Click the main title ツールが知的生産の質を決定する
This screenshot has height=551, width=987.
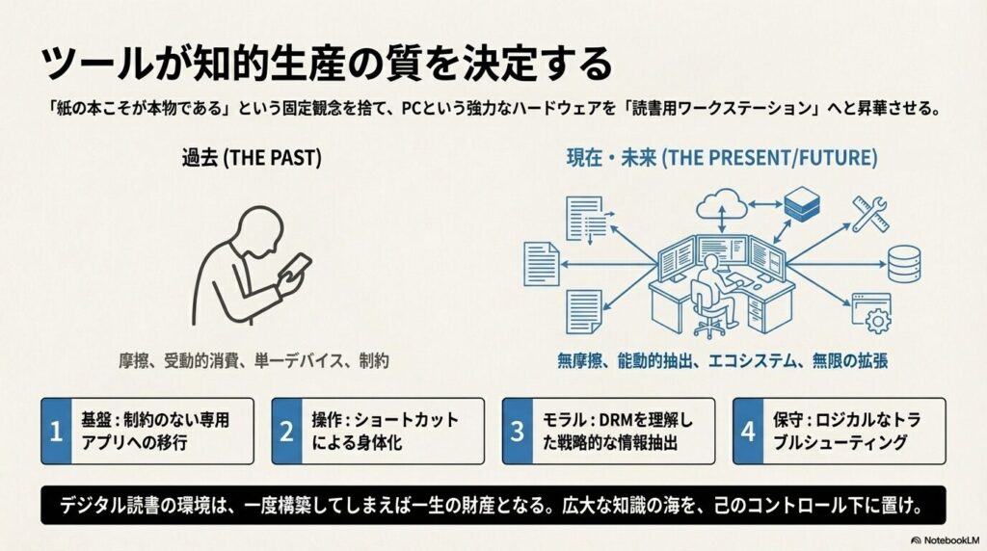pyautogui.click(x=327, y=64)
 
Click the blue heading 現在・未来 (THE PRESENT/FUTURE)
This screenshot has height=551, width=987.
pyautogui.click(x=721, y=158)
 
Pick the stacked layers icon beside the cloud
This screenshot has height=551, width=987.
pyautogui.click(x=799, y=203)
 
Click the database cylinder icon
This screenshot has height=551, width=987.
pyautogui.click(x=903, y=262)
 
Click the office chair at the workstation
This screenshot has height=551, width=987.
pyautogui.click(x=709, y=317)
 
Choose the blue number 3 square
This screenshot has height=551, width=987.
pyautogui.click(x=518, y=432)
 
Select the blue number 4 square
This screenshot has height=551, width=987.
pyautogui.click(x=748, y=432)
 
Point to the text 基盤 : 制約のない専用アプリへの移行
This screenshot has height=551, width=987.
pyautogui.click(x=158, y=432)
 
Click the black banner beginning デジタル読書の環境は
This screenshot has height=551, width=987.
pyautogui.click(x=493, y=505)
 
